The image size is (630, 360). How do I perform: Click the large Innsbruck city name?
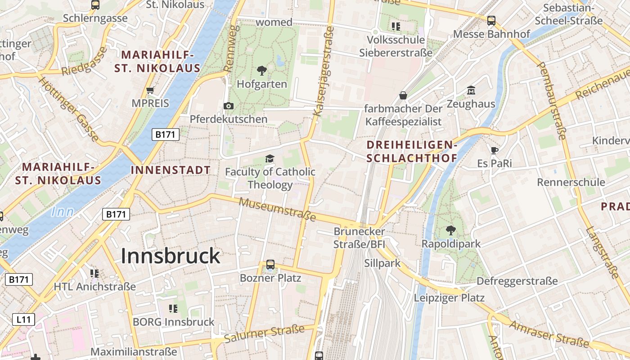tap(171, 256)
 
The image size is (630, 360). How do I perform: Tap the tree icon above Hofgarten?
tap(261, 71)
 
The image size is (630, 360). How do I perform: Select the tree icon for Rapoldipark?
tap(450, 230)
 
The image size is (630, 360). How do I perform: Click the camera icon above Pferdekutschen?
tap(229, 106)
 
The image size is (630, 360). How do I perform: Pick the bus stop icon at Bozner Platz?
tap(270, 265)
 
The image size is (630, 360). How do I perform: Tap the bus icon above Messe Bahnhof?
tap(491, 21)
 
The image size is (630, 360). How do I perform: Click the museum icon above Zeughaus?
tap(471, 90)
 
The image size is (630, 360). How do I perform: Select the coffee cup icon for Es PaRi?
tap(495, 150)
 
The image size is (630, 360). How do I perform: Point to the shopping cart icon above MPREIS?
tap(150, 90)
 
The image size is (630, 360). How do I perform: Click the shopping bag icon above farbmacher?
tap(403, 95)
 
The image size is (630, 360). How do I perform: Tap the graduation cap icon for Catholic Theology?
tap(270, 158)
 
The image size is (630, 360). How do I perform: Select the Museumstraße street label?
tap(277, 210)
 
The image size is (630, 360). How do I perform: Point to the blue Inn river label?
tap(63, 212)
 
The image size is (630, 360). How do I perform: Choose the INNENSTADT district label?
tap(171, 170)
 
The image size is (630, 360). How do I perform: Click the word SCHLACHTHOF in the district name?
tap(412, 158)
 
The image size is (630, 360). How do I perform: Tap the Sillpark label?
tap(382, 263)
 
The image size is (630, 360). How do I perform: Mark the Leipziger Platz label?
tap(449, 298)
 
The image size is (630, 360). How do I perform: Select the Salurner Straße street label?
tap(264, 333)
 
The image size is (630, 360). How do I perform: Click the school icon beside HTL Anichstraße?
tap(94, 274)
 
